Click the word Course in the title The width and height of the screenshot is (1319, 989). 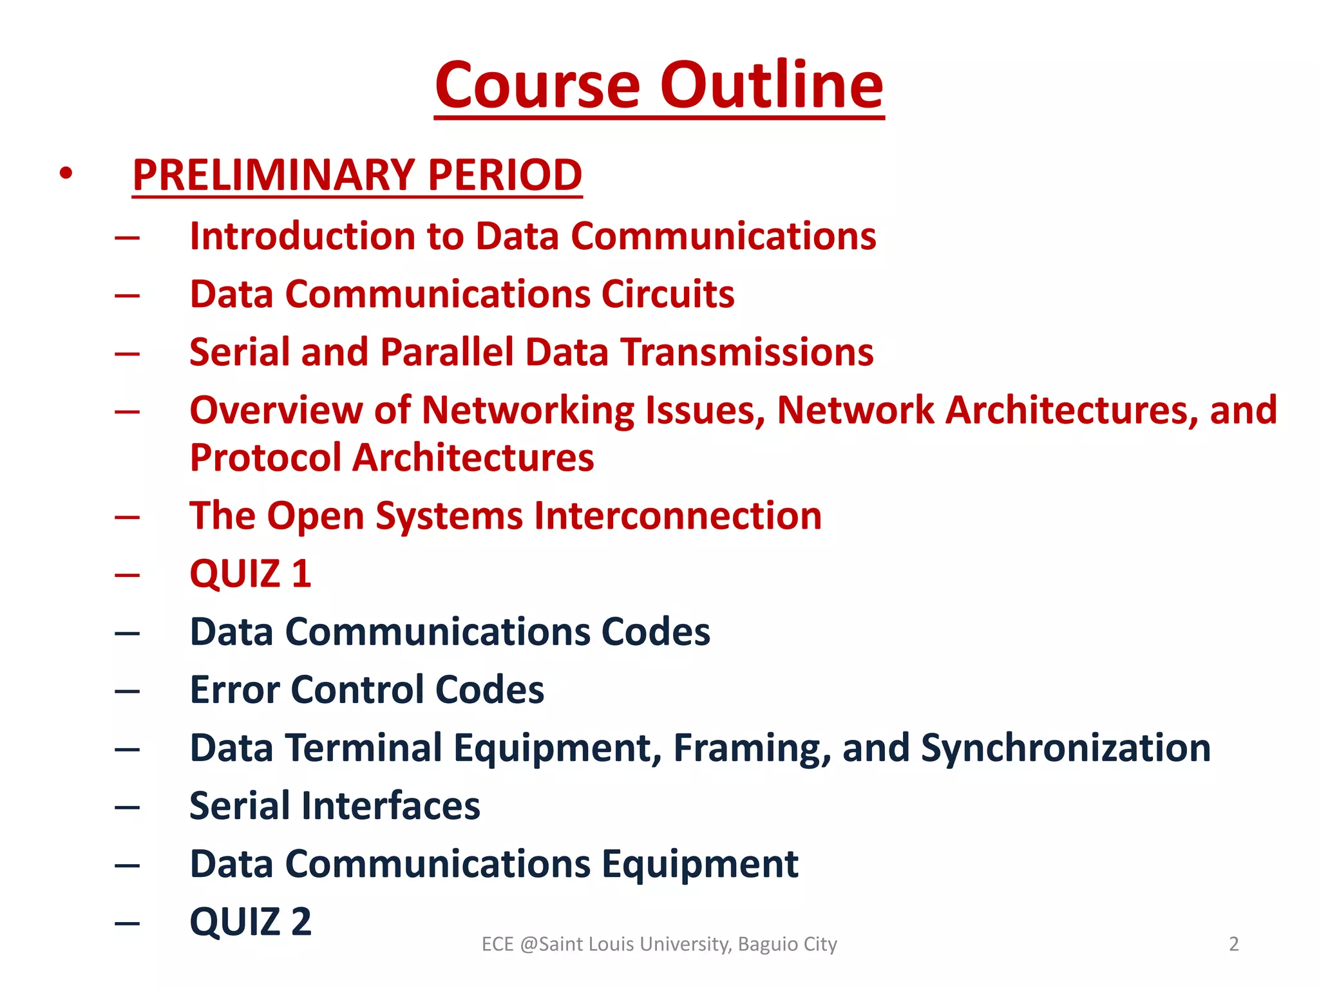tap(538, 85)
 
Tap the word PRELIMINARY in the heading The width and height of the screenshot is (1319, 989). tap(274, 175)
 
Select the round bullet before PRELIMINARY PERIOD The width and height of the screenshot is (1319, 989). tap(66, 173)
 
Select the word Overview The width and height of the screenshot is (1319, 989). tap(276, 410)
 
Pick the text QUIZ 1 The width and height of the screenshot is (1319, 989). tap(251, 574)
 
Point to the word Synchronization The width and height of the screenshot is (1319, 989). tap(1066, 748)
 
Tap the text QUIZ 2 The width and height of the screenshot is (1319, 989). tap(251, 921)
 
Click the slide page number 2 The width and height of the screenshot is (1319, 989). tap(1233, 944)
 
